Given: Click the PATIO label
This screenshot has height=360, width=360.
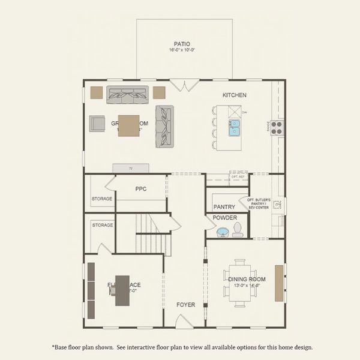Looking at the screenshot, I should (182, 44).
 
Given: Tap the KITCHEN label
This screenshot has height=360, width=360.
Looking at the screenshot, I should (234, 95).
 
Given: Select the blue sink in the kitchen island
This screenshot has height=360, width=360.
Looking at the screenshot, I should (234, 127).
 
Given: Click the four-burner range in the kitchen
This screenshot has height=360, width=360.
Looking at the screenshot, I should (277, 127).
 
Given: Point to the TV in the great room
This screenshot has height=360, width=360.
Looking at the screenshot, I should (131, 169).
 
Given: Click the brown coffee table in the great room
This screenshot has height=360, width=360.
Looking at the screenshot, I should (128, 125).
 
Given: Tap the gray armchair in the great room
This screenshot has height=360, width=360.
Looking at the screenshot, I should (97, 124).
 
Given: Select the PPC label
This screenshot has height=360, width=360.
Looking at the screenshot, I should (141, 189).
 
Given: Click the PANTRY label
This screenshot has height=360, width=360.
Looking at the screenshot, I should (224, 207).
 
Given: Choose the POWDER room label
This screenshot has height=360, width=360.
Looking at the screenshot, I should (224, 218).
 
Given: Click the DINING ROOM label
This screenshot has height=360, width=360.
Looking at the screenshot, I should (247, 278).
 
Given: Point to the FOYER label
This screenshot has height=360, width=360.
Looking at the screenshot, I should (185, 305).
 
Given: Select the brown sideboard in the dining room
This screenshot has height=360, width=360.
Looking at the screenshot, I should (279, 283).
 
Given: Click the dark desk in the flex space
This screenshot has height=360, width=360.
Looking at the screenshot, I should (122, 290).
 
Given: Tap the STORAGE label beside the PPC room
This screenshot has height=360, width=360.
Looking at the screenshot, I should (102, 199).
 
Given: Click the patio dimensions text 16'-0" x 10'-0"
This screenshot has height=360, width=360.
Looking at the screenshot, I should (182, 50).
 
